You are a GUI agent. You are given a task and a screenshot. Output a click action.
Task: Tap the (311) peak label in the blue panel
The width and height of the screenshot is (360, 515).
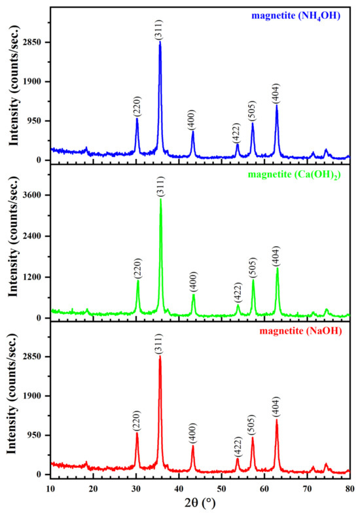(x=160, y=29)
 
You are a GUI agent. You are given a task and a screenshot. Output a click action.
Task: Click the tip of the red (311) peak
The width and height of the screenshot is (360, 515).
(x=160, y=357)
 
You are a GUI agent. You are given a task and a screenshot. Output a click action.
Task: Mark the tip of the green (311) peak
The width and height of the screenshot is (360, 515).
(x=160, y=199)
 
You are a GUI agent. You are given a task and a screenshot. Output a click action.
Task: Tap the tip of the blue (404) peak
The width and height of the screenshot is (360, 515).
(x=277, y=105)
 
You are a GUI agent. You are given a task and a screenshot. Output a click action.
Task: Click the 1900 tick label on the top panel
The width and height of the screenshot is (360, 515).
(x=33, y=82)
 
